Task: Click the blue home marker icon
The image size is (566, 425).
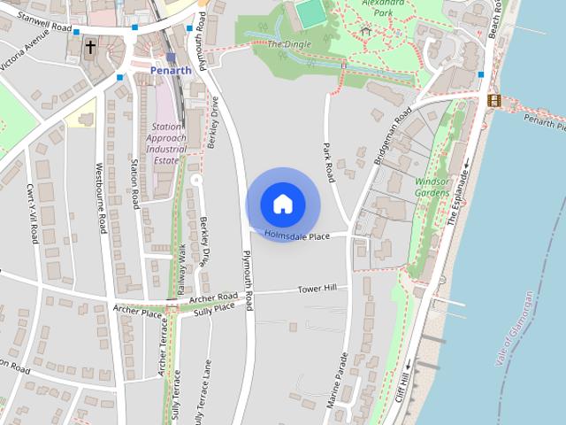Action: pyautogui.click(x=282, y=204)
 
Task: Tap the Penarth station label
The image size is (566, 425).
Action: pyautogui.click(x=171, y=70)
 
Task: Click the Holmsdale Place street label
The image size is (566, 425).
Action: pyautogui.click(x=303, y=236)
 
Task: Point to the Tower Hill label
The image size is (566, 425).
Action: pyautogui.click(x=318, y=289)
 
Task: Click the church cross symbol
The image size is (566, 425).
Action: pyautogui.click(x=90, y=47)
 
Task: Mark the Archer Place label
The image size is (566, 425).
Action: pyautogui.click(x=138, y=312)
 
